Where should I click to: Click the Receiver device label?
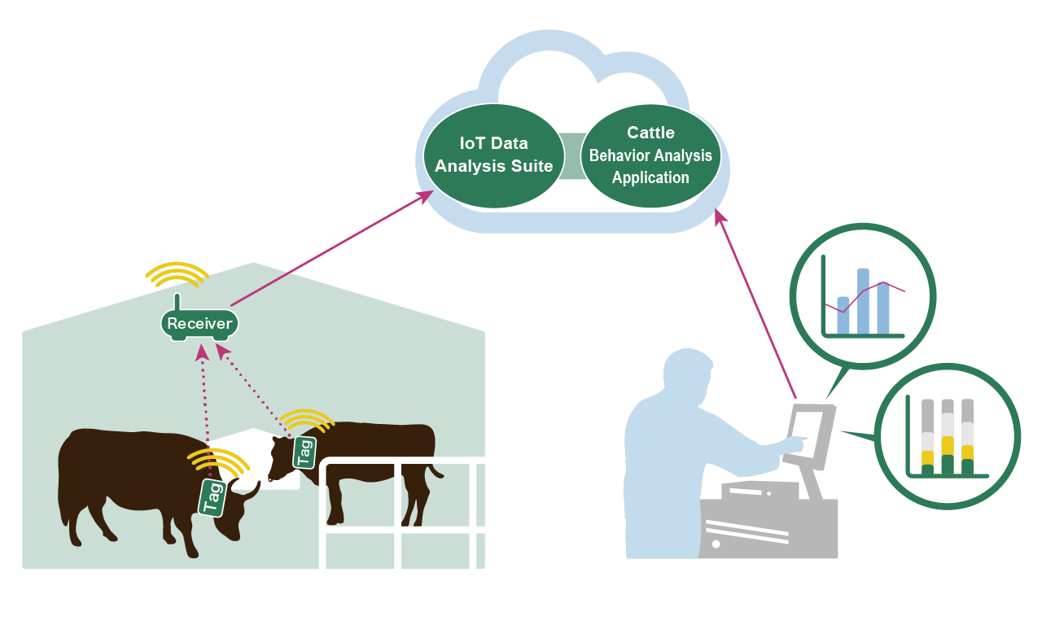point(199,324)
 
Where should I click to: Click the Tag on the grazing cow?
point(212,496)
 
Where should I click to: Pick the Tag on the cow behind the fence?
point(304,452)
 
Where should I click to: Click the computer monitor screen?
point(806,435)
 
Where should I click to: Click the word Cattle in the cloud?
point(650,133)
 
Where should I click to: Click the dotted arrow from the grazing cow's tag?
point(204,407)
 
